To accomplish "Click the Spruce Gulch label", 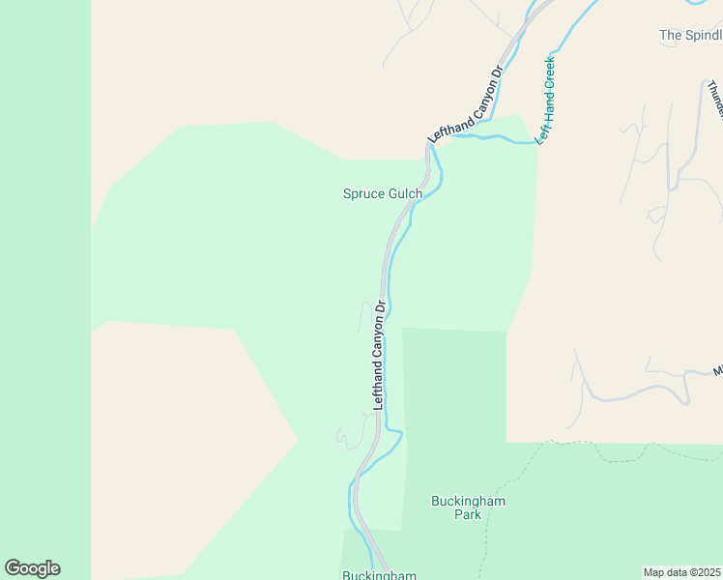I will coord(383,193).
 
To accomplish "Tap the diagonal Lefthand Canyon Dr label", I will coord(466,105).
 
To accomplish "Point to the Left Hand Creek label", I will coord(546,101).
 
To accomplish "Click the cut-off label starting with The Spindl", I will coord(690,35).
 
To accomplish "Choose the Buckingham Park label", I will coord(468,507).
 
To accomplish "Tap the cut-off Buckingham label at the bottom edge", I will coord(379,575).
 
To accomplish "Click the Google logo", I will coord(32,568).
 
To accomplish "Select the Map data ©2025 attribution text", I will coord(682,571).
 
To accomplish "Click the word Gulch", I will coord(405,193).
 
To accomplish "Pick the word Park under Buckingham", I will coord(468,514).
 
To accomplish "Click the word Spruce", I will coord(364,193).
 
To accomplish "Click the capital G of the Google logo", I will coord(13,568).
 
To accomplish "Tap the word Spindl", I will coord(704,35).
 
